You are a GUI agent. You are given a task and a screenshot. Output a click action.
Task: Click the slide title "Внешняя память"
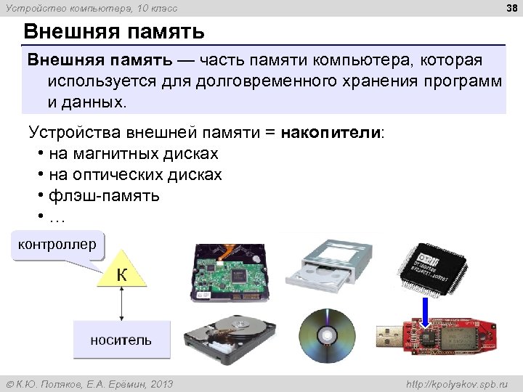[x=114, y=32]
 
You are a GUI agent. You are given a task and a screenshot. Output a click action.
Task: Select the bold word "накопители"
[x=331, y=134]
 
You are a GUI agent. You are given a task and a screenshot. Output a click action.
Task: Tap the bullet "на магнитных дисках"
[x=134, y=155]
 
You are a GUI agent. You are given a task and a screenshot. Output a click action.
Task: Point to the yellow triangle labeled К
[x=122, y=275]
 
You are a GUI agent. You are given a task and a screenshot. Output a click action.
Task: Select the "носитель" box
[x=121, y=340]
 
